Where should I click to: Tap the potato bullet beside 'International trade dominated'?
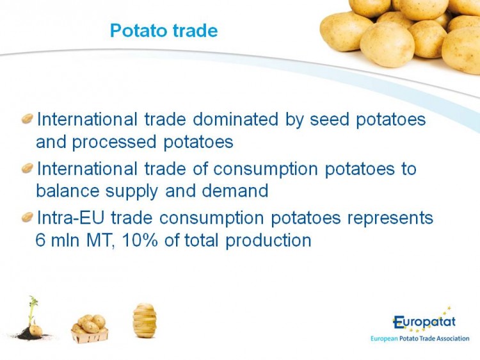click(28, 119)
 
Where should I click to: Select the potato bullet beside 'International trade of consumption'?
click(28, 168)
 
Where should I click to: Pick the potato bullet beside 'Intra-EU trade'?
click(28, 217)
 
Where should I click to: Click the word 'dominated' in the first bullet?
click(236, 119)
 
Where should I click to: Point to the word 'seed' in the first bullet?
click(330, 119)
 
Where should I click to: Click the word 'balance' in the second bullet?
click(68, 191)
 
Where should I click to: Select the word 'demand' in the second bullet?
click(235, 191)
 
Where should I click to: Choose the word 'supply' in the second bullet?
click(132, 192)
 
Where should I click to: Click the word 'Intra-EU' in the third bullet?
click(70, 218)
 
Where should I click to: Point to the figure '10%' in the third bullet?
click(140, 240)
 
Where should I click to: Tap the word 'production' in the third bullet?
click(268, 241)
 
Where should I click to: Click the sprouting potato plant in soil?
click(31, 318)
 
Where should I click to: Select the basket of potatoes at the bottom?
click(90, 329)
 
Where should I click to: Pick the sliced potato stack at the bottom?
click(145, 320)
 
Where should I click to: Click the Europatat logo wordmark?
click(424, 322)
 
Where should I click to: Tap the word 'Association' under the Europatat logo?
click(452, 339)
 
